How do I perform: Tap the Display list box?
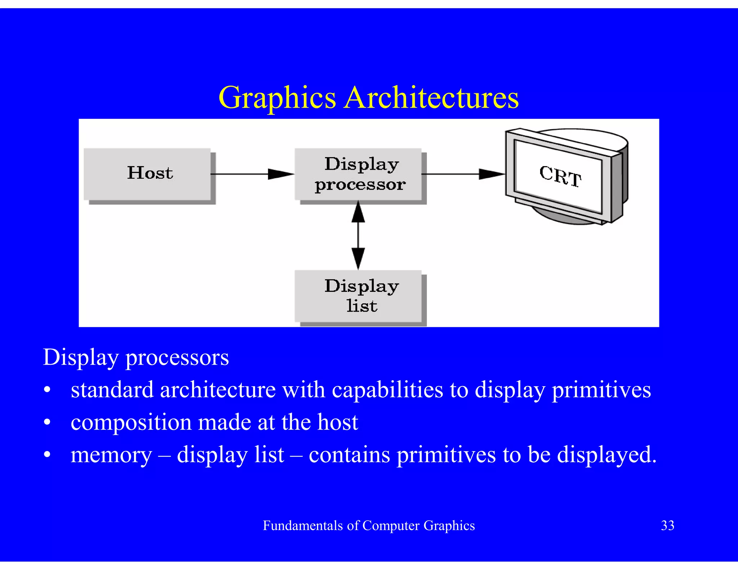(x=358, y=296)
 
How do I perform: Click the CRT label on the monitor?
(x=560, y=176)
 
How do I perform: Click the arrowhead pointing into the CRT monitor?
(x=492, y=174)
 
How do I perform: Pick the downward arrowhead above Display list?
(x=358, y=258)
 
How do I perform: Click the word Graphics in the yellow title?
(x=277, y=98)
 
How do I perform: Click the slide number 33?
(x=667, y=525)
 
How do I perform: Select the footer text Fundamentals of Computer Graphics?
(x=369, y=525)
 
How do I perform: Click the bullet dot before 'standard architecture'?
(x=47, y=391)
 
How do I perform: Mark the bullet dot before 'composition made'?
(x=47, y=423)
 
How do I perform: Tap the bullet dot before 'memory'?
(x=47, y=455)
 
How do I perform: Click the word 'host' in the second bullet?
(x=337, y=422)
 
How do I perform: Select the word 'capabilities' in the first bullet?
(x=387, y=390)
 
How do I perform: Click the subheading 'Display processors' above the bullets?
(x=136, y=357)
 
